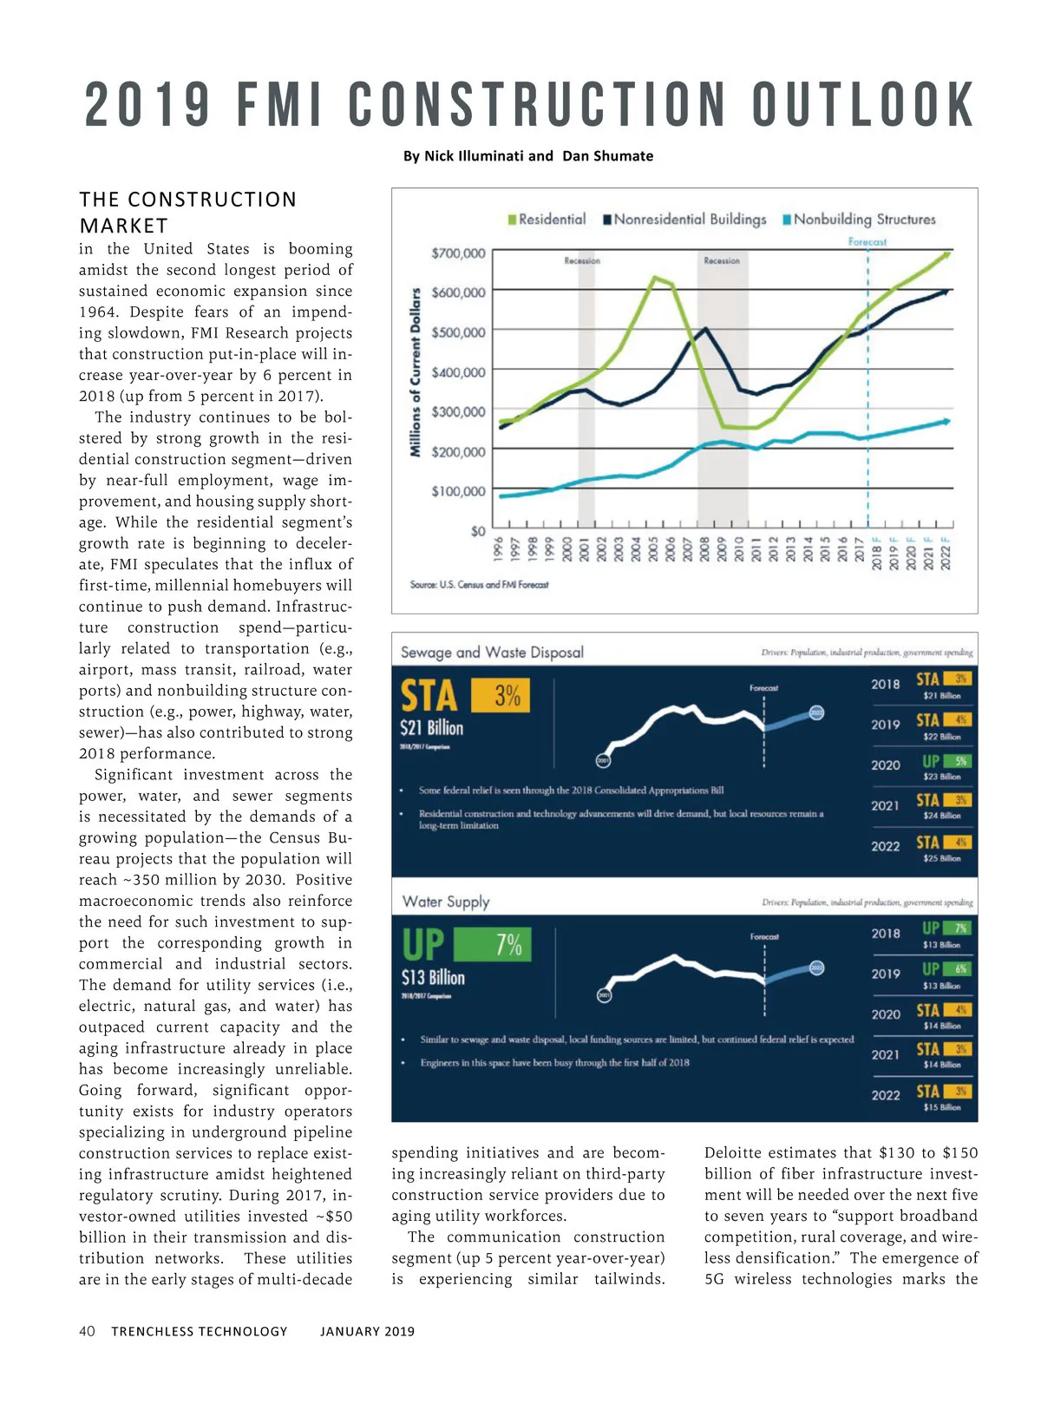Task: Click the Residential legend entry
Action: pos(547,220)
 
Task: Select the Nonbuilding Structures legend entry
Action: pos(860,220)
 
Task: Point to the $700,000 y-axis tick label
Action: pos(458,253)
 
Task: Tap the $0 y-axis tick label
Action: pos(477,531)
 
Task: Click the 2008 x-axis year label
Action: pos(704,549)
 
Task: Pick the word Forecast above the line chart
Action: pos(867,242)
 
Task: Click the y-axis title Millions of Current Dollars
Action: pos(416,371)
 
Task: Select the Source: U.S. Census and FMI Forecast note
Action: pos(479,585)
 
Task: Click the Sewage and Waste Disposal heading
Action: pos(492,653)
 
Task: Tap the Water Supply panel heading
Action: pos(446,902)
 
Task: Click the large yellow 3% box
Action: pos(501,695)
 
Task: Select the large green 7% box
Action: pos(493,944)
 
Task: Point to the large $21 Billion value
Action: pos(431,728)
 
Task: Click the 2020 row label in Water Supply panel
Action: pos(885,1014)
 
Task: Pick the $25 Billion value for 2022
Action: pos(941,858)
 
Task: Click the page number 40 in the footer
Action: pos(87,1331)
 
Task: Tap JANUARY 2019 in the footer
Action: pos(367,1331)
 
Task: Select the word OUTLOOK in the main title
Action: pos(863,106)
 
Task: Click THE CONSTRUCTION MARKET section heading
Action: pos(187,213)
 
